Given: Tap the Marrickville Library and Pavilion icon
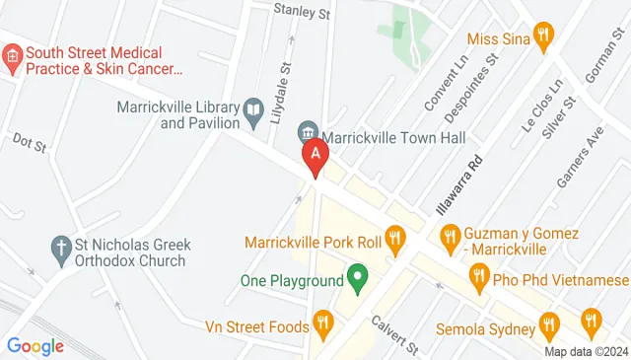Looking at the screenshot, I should [x=253, y=108].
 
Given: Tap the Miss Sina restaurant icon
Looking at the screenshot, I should [x=542, y=37].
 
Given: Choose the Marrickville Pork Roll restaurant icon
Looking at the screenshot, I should [x=395, y=237].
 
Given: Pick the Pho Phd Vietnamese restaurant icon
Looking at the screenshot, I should [x=479, y=278].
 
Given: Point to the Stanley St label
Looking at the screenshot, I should [x=302, y=14].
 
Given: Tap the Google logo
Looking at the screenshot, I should [x=35, y=346].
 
